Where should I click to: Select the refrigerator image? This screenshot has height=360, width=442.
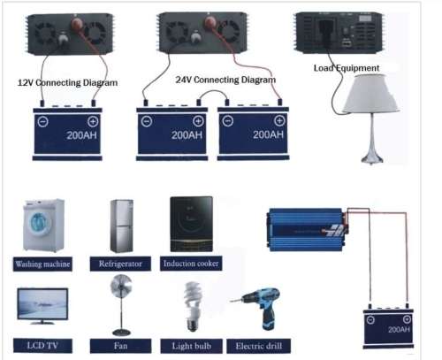click(x=122, y=226)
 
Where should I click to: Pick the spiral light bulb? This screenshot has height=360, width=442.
click(x=191, y=301)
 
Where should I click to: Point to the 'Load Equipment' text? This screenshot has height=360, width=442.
click(x=347, y=67)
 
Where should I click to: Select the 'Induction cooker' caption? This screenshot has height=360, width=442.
click(x=191, y=264)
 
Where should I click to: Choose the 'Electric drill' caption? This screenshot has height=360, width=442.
click(x=257, y=345)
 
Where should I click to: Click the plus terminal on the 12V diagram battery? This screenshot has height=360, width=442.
click(x=93, y=122)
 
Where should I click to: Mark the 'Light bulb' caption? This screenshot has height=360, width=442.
click(x=191, y=345)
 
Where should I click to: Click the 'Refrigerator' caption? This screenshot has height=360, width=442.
click(x=122, y=264)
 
